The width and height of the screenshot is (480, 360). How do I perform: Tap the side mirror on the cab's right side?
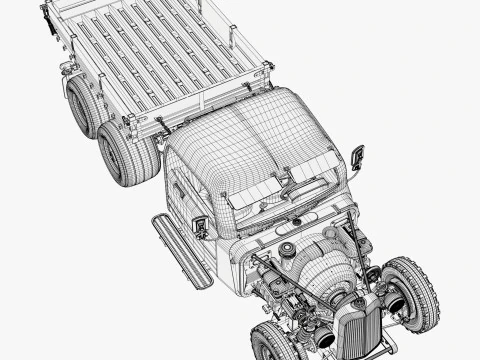tap(357, 156)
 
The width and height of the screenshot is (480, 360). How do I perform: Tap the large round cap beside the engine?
tap(288, 249)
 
